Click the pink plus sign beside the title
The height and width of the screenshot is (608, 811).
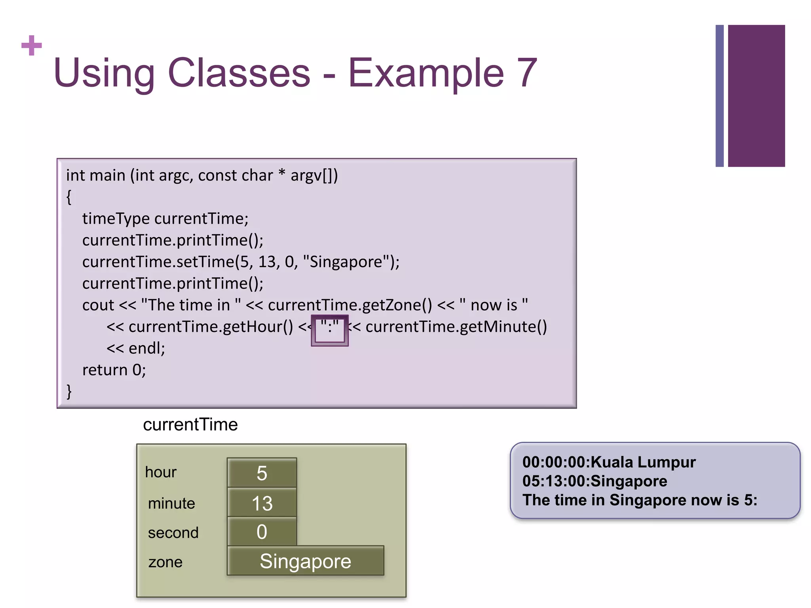[31, 46]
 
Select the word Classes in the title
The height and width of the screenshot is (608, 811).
[239, 73]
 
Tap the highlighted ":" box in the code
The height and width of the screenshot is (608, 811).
[329, 330]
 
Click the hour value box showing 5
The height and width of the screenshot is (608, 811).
[262, 473]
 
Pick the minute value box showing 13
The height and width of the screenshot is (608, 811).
[262, 503]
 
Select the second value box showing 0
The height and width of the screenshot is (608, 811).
[262, 532]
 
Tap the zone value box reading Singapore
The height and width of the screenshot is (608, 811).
[305, 561]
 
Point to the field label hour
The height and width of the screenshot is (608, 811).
[160, 472]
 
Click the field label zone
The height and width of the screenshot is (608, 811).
[165, 562]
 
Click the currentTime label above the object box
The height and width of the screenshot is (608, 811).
[190, 424]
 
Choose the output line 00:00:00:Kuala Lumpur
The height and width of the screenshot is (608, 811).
[609, 462]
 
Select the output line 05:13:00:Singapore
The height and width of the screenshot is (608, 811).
[594, 481]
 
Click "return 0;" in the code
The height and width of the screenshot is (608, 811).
[114, 370]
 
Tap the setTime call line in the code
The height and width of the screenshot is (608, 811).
[241, 262]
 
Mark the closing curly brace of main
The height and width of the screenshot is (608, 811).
[69, 391]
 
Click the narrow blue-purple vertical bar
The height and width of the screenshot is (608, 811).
[720, 96]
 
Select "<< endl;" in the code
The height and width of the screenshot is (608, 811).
[135, 348]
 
